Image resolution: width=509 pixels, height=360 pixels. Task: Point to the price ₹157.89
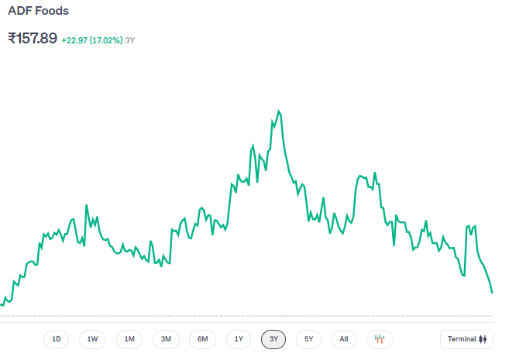click(x=33, y=38)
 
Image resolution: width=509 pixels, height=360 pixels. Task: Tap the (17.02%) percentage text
click(x=106, y=39)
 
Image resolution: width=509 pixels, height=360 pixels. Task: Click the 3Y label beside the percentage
click(x=130, y=39)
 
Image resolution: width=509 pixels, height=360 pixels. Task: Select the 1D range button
click(x=57, y=339)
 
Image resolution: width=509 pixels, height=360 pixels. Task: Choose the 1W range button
click(x=92, y=339)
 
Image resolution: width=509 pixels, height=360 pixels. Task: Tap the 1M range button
click(x=129, y=339)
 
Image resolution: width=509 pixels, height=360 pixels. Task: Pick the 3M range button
click(x=166, y=339)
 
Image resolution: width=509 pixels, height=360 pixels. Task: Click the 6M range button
click(x=202, y=339)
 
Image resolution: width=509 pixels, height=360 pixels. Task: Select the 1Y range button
click(x=239, y=339)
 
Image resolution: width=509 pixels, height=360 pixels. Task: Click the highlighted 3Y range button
click(x=274, y=339)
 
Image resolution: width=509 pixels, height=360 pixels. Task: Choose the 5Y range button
click(x=309, y=339)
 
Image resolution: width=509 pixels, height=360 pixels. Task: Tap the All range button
click(x=344, y=339)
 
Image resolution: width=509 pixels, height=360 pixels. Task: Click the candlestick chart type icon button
click(x=380, y=339)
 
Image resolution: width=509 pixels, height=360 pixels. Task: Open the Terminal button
click(x=466, y=339)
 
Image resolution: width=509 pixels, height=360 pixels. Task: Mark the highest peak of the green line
click(x=279, y=111)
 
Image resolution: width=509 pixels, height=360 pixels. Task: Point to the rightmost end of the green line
click(x=492, y=293)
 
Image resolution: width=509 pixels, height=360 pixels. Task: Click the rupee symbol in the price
click(x=12, y=38)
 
